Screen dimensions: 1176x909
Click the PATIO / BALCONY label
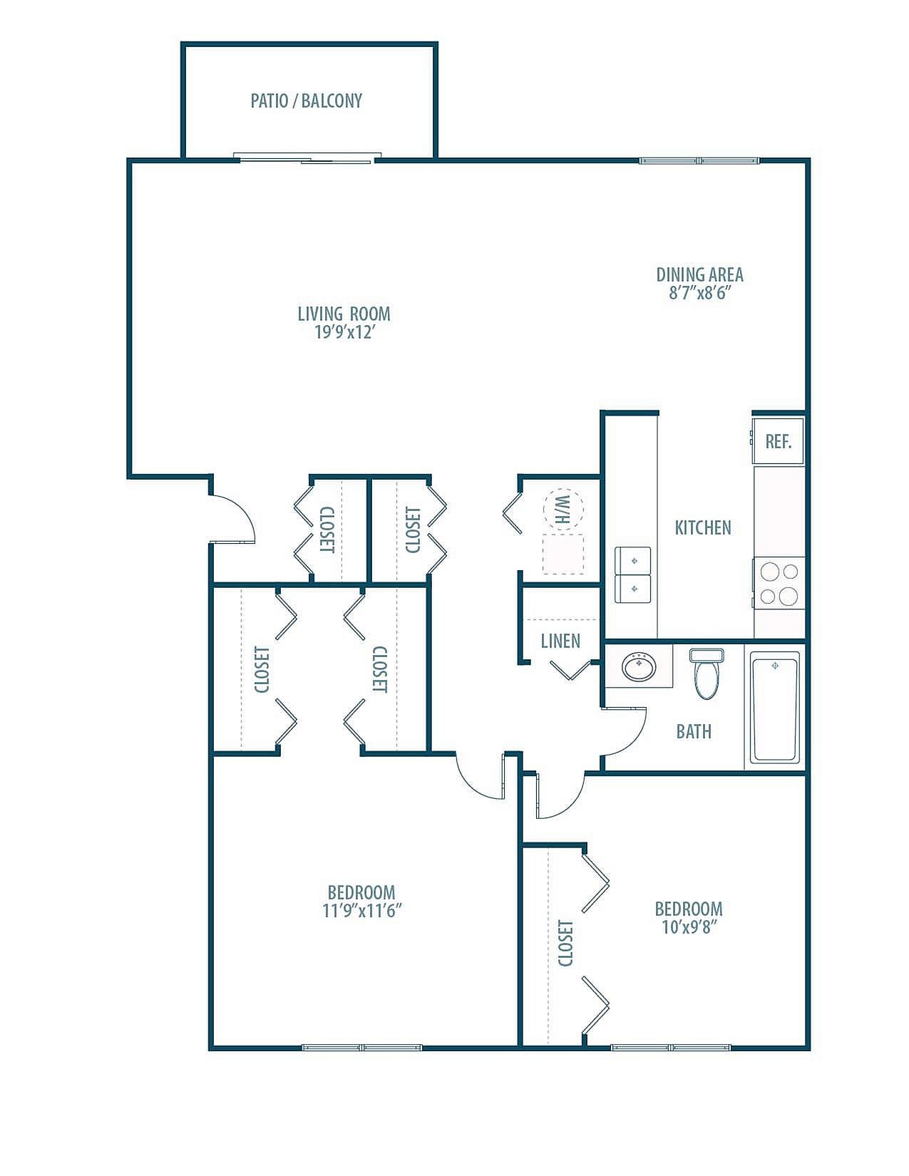click(x=307, y=100)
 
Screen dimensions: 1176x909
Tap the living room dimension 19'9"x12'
click(x=344, y=332)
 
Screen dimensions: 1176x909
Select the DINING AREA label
click(x=699, y=274)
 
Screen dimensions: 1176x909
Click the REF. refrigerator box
click(x=778, y=441)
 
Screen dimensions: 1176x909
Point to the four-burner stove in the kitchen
click(x=779, y=583)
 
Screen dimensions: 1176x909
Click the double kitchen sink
click(x=633, y=575)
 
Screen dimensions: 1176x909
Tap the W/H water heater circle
click(x=563, y=509)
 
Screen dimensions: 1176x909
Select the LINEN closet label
click(x=560, y=641)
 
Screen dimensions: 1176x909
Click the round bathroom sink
click(x=639, y=667)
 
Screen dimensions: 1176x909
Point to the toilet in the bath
click(x=707, y=674)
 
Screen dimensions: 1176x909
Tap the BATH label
click(x=694, y=731)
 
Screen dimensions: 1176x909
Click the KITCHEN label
click(x=703, y=527)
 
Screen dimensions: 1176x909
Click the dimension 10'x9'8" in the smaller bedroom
click(x=689, y=927)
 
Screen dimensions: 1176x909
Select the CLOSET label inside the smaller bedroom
click(x=565, y=942)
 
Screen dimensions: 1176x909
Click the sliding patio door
click(x=307, y=158)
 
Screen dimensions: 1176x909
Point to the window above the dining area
click(x=699, y=161)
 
